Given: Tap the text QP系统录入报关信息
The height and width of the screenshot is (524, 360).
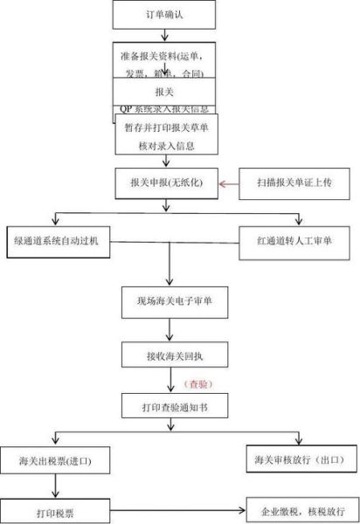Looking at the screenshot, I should point(164,108).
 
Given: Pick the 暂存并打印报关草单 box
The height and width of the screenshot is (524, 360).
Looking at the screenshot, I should point(164,132).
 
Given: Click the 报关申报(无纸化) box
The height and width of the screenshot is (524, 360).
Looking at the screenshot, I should point(164,184).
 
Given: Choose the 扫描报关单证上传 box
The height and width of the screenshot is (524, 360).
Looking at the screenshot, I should point(294,184).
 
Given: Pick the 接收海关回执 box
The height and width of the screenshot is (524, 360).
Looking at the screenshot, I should point(164,354).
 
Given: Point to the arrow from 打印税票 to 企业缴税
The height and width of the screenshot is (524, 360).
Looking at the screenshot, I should point(175,509).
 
